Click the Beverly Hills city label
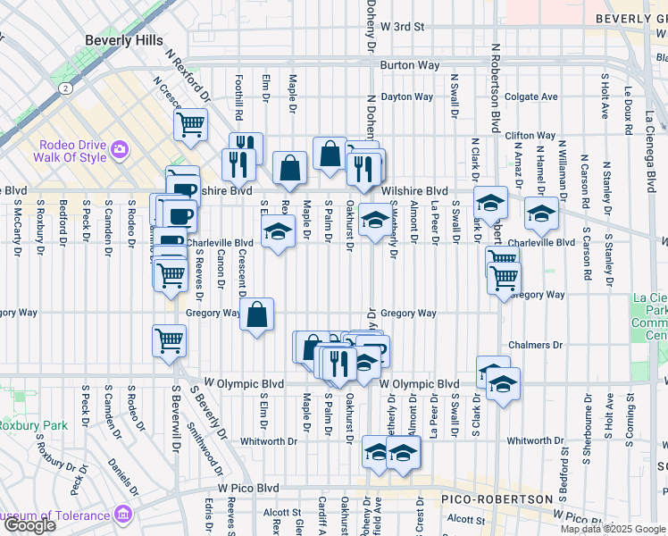[x=124, y=40]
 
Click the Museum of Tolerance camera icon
[x=121, y=515]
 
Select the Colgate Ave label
[x=530, y=96]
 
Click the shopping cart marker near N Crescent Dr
[x=189, y=125]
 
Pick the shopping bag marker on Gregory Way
[x=256, y=314]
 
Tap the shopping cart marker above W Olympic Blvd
[x=169, y=340]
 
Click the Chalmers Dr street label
[x=533, y=345]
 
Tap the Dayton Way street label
[x=406, y=96]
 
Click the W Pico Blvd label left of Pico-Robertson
[x=248, y=489]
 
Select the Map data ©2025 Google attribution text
[x=613, y=529]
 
